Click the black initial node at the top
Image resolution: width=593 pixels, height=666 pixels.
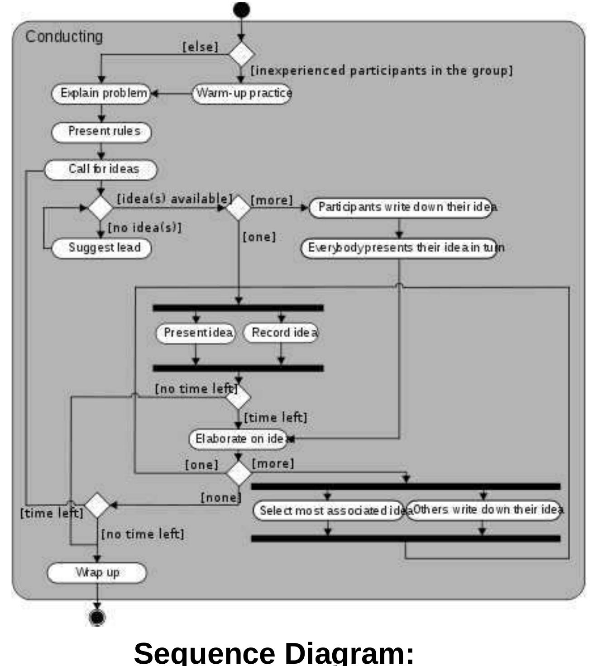coord(242,9)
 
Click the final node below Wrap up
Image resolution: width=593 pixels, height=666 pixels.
coord(97,617)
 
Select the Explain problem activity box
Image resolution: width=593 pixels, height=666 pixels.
coord(100,93)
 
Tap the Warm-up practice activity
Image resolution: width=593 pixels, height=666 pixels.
coord(242,93)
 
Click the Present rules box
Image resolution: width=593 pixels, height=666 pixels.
coord(101,131)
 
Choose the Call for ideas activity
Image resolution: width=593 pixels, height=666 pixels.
coord(100,169)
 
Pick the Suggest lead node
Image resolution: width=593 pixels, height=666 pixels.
coord(101,248)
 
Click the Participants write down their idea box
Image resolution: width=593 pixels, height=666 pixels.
coord(401,207)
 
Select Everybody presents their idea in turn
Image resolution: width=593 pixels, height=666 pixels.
coord(399,248)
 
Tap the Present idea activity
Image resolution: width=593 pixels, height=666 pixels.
coord(196,333)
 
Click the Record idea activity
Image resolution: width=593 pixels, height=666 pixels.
coord(281,333)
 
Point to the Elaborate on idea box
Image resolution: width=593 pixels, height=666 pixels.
coord(239,439)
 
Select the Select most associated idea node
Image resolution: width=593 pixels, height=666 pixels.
coord(328,510)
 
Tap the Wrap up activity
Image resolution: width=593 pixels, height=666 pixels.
coord(97,573)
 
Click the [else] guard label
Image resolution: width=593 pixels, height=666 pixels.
coord(200,47)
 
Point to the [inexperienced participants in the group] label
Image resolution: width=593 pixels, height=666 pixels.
coord(382,71)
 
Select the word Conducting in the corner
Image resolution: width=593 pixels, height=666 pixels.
coord(64,37)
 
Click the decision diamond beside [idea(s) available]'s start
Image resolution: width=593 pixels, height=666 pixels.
coord(100,208)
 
